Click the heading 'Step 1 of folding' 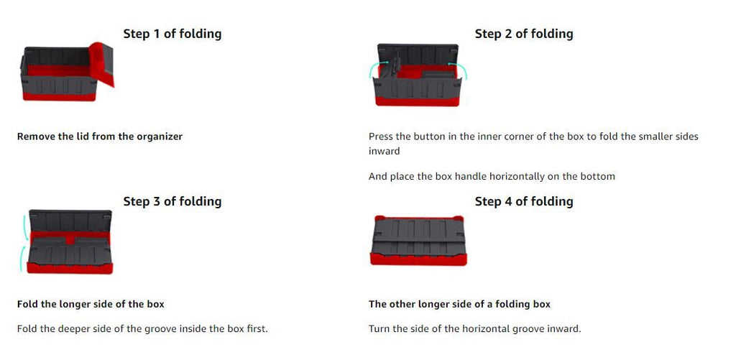click(172, 34)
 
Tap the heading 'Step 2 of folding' click(524, 34)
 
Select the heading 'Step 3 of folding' click(172, 201)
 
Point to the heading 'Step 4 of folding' click(524, 201)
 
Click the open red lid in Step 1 click(102, 63)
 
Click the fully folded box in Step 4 click(418, 240)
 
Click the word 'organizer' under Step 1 click(159, 137)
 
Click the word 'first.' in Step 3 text click(257, 328)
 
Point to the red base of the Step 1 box click(59, 97)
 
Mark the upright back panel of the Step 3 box click(70, 221)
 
